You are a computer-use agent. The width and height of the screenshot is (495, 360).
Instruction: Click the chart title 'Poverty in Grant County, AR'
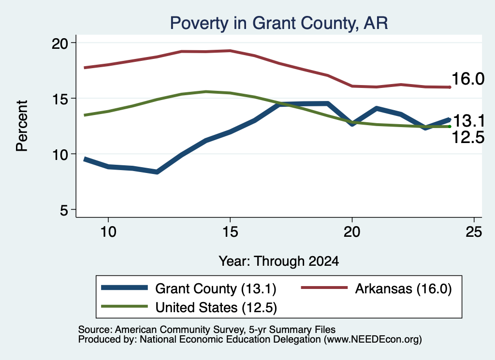(x=279, y=23)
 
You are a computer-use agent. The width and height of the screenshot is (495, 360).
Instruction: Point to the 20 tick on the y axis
(x=60, y=43)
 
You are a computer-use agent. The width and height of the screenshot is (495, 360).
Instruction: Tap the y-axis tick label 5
(x=64, y=210)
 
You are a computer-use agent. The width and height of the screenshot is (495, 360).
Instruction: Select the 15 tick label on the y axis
(x=60, y=99)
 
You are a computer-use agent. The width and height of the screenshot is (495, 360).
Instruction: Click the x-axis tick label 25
(x=474, y=232)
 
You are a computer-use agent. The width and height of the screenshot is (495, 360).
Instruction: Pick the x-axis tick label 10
(x=108, y=232)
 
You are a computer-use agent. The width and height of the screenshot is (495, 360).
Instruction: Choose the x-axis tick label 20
(x=352, y=232)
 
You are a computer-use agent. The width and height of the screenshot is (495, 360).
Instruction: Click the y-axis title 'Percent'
(x=22, y=126)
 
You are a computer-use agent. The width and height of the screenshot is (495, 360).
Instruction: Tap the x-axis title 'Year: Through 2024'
(x=279, y=261)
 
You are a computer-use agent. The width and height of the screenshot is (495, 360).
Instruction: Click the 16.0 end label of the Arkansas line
(x=468, y=79)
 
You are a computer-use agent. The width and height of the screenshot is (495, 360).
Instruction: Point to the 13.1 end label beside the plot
(x=468, y=121)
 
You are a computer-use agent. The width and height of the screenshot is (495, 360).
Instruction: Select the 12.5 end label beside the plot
(x=468, y=137)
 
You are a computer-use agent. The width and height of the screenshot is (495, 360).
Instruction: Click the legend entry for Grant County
(x=189, y=288)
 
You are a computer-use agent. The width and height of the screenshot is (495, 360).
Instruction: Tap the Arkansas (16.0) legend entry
(x=376, y=288)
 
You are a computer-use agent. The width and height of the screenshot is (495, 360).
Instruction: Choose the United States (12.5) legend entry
(x=189, y=307)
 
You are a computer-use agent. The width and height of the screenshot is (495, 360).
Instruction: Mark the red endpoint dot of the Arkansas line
(x=450, y=87)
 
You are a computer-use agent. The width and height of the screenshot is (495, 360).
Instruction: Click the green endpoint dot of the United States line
(x=450, y=127)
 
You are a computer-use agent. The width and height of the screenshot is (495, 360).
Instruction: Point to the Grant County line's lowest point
(x=157, y=172)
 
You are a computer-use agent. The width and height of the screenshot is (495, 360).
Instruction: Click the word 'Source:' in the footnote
(x=95, y=330)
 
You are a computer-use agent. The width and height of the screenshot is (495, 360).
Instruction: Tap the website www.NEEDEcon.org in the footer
(x=371, y=340)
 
